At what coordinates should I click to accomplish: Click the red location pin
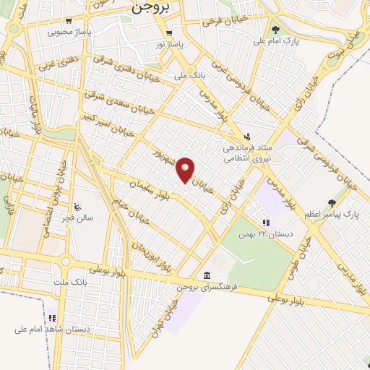tap(186, 169)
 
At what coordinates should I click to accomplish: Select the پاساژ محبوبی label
tap(69, 32)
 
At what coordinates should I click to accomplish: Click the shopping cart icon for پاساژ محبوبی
tap(69, 21)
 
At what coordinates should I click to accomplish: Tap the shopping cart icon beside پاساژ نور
tap(169, 33)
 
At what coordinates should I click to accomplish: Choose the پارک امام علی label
tap(276, 40)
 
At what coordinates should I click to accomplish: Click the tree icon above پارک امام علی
tap(275, 30)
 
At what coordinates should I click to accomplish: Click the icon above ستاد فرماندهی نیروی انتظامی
tap(246, 136)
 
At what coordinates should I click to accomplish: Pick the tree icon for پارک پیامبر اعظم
tap(332, 203)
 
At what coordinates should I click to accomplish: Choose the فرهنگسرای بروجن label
tap(206, 288)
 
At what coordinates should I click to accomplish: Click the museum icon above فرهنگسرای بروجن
tap(207, 276)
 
